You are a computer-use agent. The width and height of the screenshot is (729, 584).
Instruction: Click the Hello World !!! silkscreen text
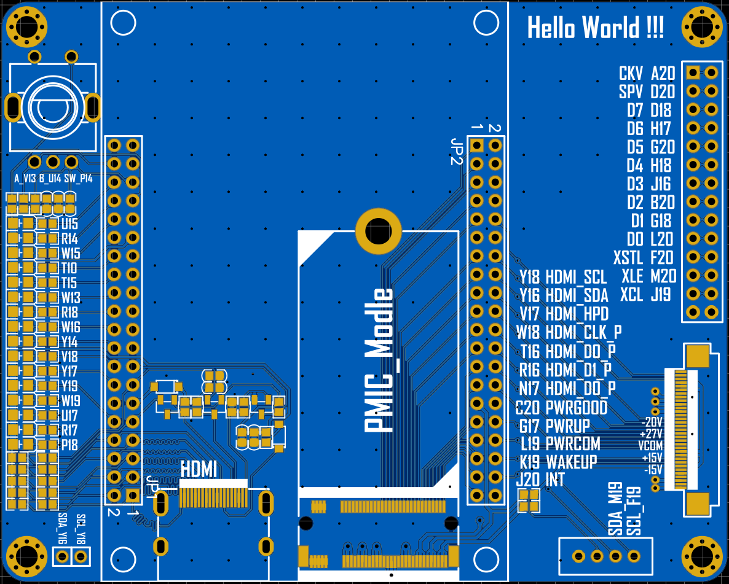[595, 28]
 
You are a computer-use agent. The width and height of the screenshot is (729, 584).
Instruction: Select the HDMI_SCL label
[576, 277]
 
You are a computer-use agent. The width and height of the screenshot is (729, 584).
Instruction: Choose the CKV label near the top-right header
[631, 74]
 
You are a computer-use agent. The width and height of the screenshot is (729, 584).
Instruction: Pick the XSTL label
[627, 257]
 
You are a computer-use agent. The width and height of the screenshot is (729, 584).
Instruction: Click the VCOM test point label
[650, 445]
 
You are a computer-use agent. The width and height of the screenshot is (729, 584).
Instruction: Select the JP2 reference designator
[456, 151]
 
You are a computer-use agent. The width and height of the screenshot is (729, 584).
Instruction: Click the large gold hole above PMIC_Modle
[378, 231]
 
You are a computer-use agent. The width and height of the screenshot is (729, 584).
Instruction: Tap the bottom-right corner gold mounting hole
[702, 556]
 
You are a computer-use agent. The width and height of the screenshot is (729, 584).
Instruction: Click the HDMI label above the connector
[199, 470]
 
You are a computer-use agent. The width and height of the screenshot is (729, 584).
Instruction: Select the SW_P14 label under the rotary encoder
[78, 179]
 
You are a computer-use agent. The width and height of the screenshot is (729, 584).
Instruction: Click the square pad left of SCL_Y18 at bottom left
[62, 557]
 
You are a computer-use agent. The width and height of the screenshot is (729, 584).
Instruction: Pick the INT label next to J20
[555, 480]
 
